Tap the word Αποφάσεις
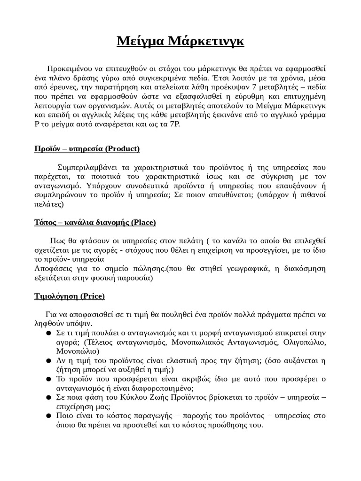52,269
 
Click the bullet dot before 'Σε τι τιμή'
49,333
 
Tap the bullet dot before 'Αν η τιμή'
49,361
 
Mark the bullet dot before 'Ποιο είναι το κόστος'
49,416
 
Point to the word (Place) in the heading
144,222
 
